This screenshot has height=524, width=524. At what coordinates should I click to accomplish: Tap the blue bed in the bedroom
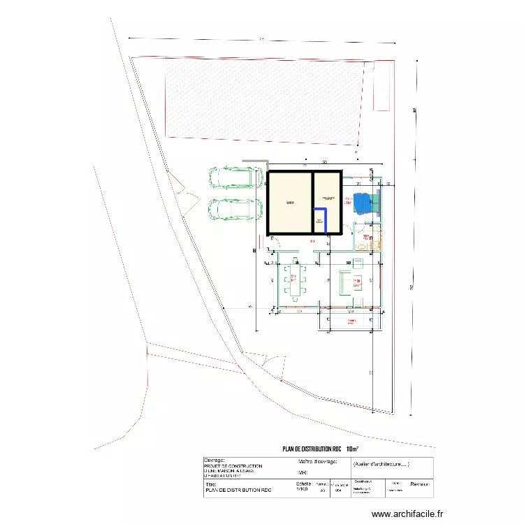click(x=364, y=202)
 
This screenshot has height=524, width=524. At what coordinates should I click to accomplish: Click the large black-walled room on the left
click(x=289, y=203)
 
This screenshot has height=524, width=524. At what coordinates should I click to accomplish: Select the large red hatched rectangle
click(x=265, y=97)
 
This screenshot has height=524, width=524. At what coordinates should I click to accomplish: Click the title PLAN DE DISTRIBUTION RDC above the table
click(x=312, y=450)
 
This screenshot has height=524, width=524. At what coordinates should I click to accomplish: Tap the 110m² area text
click(x=353, y=450)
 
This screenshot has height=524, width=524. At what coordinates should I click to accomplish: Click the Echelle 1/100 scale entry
click(x=303, y=486)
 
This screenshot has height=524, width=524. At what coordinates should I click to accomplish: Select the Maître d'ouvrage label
click(x=318, y=462)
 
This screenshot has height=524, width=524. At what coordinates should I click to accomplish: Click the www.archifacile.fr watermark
click(x=407, y=514)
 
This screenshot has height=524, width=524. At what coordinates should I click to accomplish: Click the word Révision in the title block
click(x=420, y=483)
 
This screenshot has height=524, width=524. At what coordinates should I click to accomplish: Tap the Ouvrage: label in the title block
click(x=214, y=460)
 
